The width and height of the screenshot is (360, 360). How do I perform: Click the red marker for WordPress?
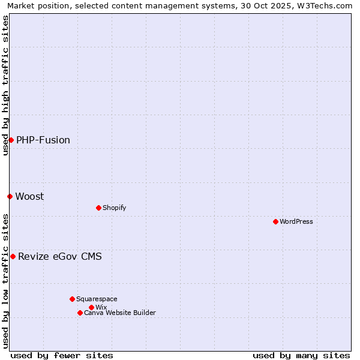pos(275,221)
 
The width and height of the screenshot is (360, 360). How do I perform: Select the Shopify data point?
pos(98,208)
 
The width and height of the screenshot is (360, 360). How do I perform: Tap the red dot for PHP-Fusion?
pos(11,140)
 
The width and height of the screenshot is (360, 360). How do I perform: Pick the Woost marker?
pos(10,196)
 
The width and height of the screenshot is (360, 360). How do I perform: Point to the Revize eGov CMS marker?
pos(13,256)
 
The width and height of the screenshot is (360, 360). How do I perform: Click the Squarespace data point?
pos(72,299)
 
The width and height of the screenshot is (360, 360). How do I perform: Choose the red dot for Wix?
pos(91,307)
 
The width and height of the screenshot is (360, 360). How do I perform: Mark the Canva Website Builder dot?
pos(80,313)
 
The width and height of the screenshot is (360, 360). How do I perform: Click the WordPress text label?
pos(296,221)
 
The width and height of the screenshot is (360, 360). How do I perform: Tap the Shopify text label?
pos(114,208)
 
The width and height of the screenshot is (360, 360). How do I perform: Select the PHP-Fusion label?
pos(43,140)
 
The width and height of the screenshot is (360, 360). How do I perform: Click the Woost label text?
pos(29,196)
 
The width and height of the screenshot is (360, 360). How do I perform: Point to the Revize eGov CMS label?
pos(60,256)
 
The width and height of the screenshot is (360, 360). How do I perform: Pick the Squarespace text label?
pos(97,299)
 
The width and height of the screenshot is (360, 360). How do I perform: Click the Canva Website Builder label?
pos(120,313)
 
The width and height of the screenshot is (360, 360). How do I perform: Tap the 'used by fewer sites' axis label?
pos(62,355)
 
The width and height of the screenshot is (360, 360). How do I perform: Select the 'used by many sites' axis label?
pos(301,355)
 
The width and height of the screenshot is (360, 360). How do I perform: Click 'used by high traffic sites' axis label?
pos(5,85)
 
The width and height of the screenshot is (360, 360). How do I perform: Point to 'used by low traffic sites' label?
pos(5,281)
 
